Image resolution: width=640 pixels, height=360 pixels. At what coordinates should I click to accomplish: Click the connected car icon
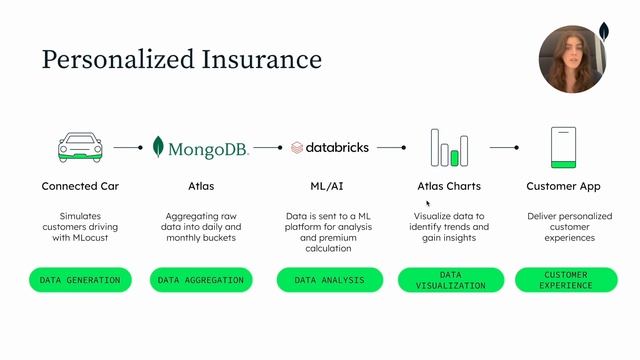[x=81, y=147]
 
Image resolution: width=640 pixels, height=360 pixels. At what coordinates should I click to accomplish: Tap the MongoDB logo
[x=200, y=148]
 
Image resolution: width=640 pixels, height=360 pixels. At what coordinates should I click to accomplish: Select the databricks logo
[x=329, y=147]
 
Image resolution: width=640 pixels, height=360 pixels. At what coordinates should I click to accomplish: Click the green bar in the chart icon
[x=454, y=157]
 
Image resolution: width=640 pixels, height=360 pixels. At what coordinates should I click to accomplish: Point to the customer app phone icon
[x=566, y=147]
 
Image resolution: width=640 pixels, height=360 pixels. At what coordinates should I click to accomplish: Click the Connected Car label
[x=81, y=186]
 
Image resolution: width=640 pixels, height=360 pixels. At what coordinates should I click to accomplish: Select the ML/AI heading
[x=329, y=186]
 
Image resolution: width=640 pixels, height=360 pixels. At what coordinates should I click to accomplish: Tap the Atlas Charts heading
[x=449, y=186]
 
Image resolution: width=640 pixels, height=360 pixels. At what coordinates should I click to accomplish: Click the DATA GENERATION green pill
[x=81, y=281]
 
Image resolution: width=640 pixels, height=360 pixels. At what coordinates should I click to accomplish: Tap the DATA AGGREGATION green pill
[x=201, y=281]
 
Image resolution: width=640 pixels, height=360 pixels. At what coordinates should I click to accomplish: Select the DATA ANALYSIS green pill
[x=330, y=281]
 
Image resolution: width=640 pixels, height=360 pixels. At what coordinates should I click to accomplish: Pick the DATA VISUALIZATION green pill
[x=449, y=281]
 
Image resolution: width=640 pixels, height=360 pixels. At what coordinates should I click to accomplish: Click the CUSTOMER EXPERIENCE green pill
[x=566, y=281]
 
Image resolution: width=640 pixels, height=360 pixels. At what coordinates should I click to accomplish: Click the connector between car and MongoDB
[x=129, y=147]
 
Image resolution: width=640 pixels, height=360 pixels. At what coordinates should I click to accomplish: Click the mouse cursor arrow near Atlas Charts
[x=428, y=201]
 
